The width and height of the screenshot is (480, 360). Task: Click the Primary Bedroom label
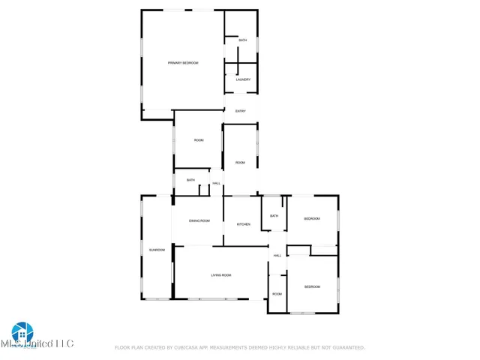click(x=183, y=63)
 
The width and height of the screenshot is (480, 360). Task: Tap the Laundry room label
click(x=243, y=79)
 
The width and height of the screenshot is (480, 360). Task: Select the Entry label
click(x=241, y=112)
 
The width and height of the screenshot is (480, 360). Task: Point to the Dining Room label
click(x=199, y=221)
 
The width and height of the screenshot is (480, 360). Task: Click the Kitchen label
click(x=244, y=225)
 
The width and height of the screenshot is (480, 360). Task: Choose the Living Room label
click(x=220, y=276)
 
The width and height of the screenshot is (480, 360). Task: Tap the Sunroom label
click(x=157, y=250)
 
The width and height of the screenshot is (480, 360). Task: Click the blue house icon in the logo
click(x=22, y=331)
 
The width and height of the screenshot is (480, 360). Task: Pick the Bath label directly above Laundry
click(x=243, y=40)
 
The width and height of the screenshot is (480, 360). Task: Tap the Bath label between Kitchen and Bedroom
click(x=274, y=216)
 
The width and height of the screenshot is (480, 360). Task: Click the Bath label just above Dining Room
click(x=191, y=180)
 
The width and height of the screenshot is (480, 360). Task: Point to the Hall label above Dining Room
click(x=216, y=184)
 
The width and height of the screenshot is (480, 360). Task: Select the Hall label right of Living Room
click(x=277, y=256)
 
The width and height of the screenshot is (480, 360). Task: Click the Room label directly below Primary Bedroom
click(x=199, y=140)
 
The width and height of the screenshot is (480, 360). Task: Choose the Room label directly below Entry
click(x=240, y=163)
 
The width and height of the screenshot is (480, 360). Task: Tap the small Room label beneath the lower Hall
click(x=277, y=294)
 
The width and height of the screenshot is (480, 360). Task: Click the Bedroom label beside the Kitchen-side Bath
click(x=312, y=219)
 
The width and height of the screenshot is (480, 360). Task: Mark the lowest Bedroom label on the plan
click(x=312, y=287)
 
